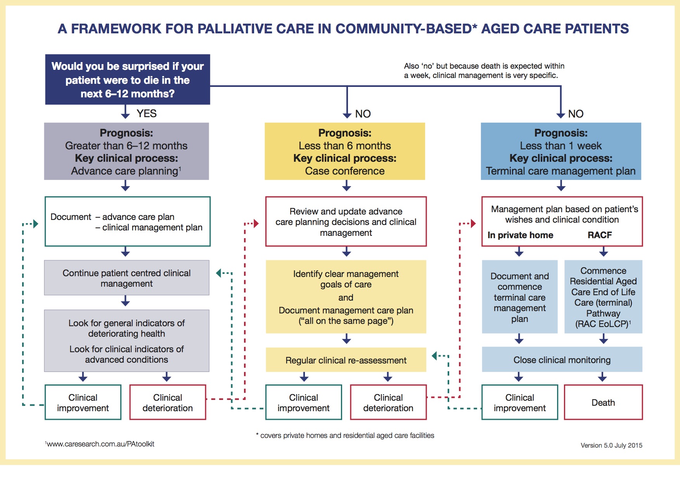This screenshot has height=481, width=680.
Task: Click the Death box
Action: pyautogui.click(x=603, y=402)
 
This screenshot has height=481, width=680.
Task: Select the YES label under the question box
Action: pyautogui.click(x=146, y=113)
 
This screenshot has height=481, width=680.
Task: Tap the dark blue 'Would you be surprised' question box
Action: pyautogui.click(x=128, y=80)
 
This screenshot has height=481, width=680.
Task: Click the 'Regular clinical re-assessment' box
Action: pyautogui.click(x=346, y=360)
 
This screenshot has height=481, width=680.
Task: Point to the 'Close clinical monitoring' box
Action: pyautogui.click(x=562, y=360)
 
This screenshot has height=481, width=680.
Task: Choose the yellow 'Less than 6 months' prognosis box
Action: pyautogui.click(x=344, y=151)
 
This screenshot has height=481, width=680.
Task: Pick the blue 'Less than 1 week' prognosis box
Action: pyautogui.click(x=561, y=151)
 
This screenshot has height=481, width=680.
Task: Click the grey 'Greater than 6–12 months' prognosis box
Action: pyautogui.click(x=126, y=151)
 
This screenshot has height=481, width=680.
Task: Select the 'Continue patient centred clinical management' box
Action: pyautogui.click(x=126, y=278)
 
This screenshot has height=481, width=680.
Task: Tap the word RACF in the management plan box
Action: pyautogui.click(x=599, y=235)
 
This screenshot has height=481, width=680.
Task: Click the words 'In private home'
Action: pyautogui.click(x=520, y=235)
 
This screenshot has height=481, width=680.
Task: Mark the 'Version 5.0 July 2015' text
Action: pyautogui.click(x=611, y=445)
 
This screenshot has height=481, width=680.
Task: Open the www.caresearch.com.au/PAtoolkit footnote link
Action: pyautogui.click(x=100, y=444)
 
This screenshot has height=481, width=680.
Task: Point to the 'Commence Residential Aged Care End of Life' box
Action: pyautogui.click(x=603, y=297)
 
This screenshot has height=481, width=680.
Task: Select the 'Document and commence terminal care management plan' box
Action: pyautogui.click(x=519, y=297)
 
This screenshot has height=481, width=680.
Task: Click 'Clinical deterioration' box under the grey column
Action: pyautogui.click(x=168, y=402)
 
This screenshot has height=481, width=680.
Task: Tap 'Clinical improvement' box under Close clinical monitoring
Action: pyautogui.click(x=519, y=402)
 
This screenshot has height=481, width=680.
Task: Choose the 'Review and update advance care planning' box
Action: pyautogui.click(x=346, y=221)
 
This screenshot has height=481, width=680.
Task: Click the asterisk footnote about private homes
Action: pyautogui.click(x=345, y=435)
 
